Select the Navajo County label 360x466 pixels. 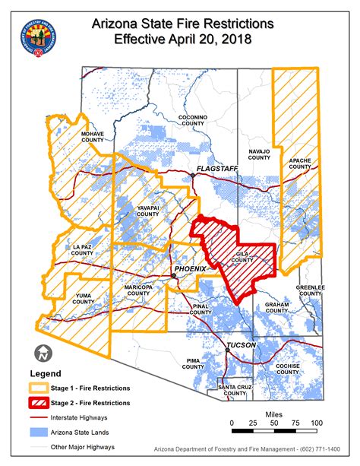(259, 154)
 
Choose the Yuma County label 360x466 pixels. (84, 298)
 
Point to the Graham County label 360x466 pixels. (276, 307)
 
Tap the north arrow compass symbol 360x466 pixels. (43, 353)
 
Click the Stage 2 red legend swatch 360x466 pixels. (38, 402)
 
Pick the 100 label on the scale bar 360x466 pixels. (317, 423)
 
